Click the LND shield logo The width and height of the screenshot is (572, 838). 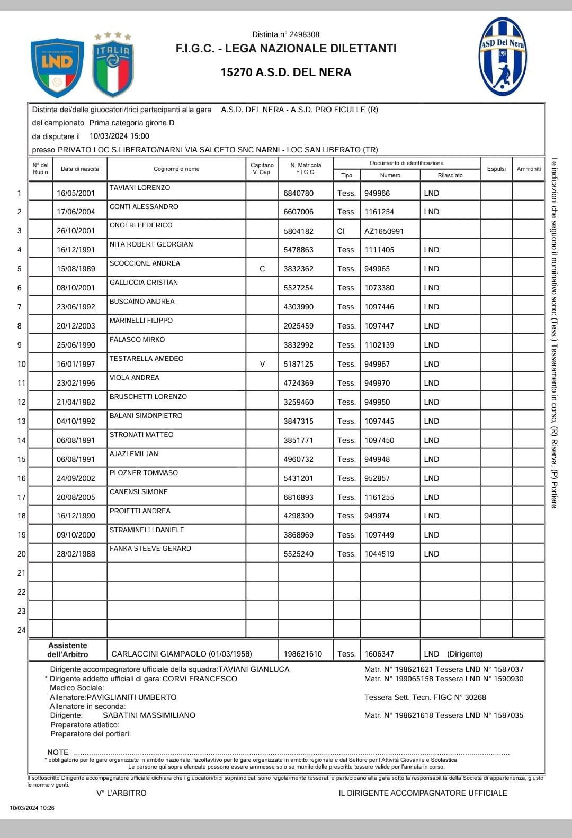(57, 68)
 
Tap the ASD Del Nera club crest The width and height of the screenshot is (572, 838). (502, 57)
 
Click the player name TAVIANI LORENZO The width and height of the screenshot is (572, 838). (140, 188)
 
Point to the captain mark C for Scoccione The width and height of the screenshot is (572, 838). (262, 269)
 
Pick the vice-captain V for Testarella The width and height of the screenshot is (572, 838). (262, 364)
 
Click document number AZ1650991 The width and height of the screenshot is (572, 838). (384, 231)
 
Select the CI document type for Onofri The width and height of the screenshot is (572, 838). (341, 231)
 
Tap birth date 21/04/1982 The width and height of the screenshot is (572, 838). (76, 402)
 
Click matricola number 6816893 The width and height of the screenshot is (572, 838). (298, 497)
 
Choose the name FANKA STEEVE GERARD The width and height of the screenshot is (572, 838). (150, 549)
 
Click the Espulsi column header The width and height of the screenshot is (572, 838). (496, 169)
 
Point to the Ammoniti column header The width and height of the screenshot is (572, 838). (529, 169)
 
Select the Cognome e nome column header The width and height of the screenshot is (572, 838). (176, 169)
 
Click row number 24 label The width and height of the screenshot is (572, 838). (21, 630)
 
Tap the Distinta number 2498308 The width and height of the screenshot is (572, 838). (305, 34)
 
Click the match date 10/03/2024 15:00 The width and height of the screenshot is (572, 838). (119, 136)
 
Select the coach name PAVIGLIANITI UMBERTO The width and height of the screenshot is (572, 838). (131, 697)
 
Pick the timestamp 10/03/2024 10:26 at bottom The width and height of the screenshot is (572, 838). (32, 808)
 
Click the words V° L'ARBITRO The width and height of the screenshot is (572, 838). (121, 793)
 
